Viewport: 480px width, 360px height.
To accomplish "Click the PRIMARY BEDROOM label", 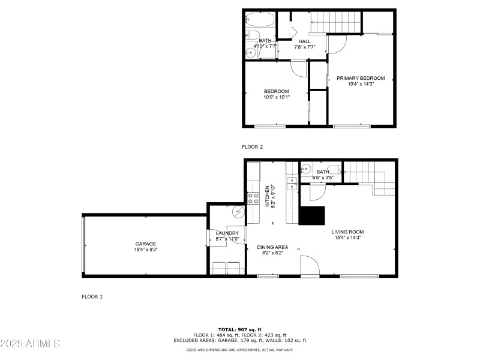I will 360,78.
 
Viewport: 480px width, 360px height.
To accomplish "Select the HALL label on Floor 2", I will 304,41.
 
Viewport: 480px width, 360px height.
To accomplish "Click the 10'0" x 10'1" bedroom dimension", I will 276,97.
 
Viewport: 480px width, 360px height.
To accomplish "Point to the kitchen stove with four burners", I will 253,198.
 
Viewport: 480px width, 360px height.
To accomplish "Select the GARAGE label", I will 145,244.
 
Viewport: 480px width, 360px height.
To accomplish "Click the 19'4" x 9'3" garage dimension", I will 145,250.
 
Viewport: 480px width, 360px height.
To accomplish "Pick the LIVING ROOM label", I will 347,232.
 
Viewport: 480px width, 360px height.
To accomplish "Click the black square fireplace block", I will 312,215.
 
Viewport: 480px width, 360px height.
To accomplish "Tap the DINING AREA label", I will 272,247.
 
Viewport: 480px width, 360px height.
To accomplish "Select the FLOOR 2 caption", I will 252,146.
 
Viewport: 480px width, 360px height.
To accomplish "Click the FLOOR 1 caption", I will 92,296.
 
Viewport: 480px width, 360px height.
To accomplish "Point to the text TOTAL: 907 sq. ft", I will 239,329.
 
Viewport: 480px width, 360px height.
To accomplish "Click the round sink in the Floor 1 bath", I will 305,169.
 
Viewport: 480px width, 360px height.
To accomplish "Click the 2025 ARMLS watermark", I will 30,344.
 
